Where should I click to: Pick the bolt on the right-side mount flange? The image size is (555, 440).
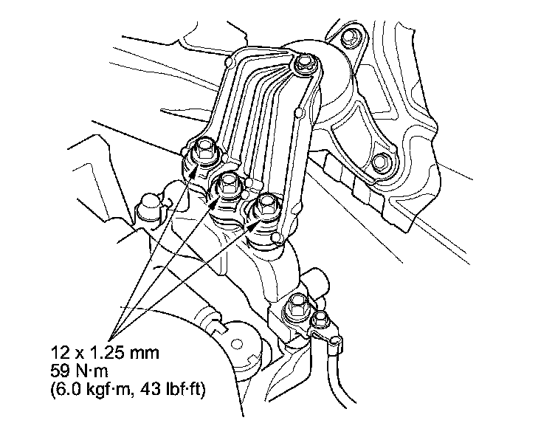click(x=380, y=162)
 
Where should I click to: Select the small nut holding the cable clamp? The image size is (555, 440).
click(x=320, y=318)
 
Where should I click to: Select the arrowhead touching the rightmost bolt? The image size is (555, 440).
click(x=255, y=222)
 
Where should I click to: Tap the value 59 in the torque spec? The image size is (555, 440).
click(x=60, y=368)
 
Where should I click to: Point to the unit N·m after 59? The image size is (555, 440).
click(x=89, y=368)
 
